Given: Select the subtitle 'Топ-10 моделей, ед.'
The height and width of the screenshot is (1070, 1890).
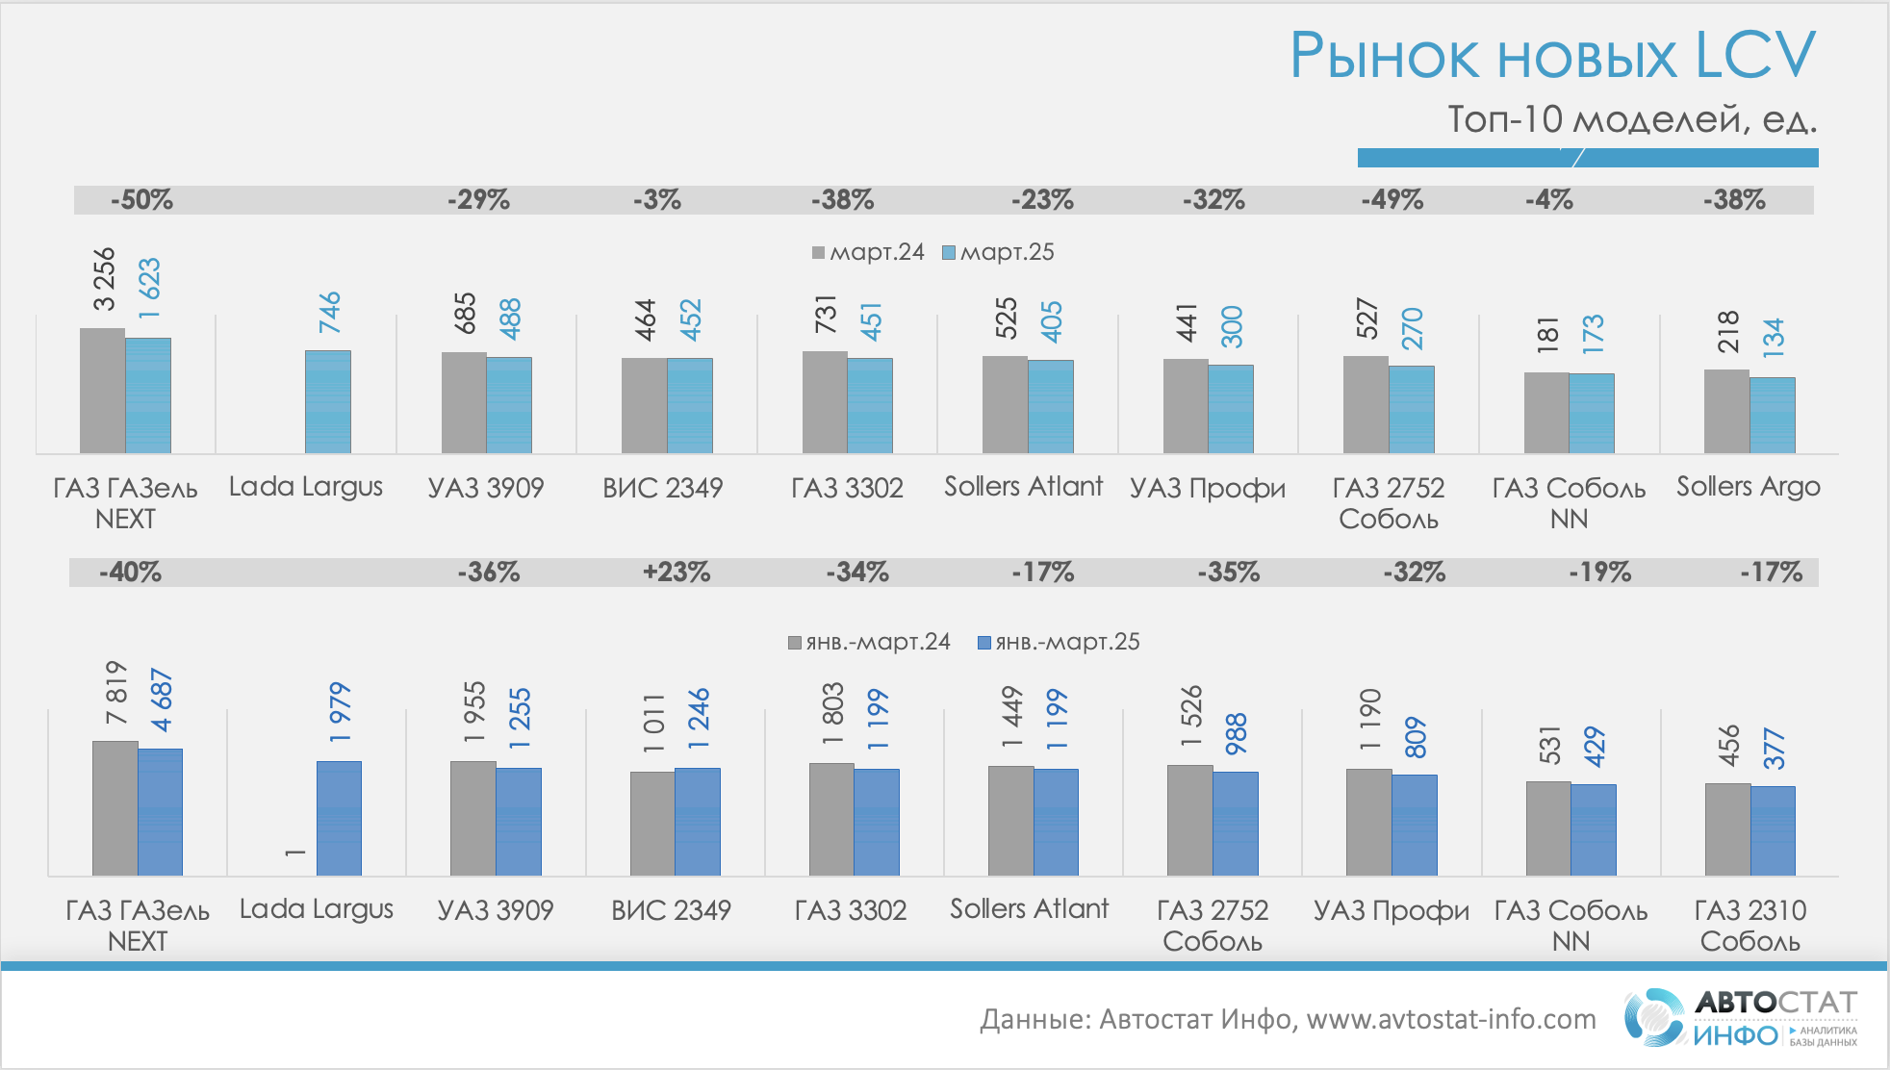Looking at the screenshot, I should point(1632,119).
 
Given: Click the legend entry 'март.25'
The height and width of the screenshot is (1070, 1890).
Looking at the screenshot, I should point(999,252).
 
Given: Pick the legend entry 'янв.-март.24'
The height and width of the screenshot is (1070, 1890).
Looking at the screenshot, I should point(869,642).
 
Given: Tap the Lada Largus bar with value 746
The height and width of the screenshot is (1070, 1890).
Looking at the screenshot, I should point(328,401).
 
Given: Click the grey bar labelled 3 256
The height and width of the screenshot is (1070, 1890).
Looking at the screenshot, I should point(102,390).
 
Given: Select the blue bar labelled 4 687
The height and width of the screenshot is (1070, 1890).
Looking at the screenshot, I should point(160,811).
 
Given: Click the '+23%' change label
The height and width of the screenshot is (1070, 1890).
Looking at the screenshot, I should point(677,573).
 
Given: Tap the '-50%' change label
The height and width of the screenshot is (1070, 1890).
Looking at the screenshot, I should point(141,200).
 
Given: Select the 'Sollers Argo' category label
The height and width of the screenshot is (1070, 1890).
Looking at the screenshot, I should point(1748,487).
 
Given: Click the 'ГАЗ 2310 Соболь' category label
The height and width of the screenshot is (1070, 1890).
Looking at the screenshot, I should point(1750,925).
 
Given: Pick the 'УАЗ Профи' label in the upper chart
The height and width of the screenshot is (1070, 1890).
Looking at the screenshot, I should point(1208,488).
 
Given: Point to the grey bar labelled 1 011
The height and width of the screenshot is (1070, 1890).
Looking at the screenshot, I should point(652,823).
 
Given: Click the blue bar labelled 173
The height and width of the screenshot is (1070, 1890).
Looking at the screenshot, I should point(1592,413).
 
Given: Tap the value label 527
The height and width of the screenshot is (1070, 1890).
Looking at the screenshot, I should point(1367,318).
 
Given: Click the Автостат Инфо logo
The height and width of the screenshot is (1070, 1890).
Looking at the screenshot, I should point(1740,1018).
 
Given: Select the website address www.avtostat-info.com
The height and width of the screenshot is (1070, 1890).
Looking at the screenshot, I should point(1450,1019).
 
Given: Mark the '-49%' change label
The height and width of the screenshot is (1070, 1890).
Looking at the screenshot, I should point(1392,200).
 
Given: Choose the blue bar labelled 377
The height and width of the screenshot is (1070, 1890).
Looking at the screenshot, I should point(1773,830).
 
